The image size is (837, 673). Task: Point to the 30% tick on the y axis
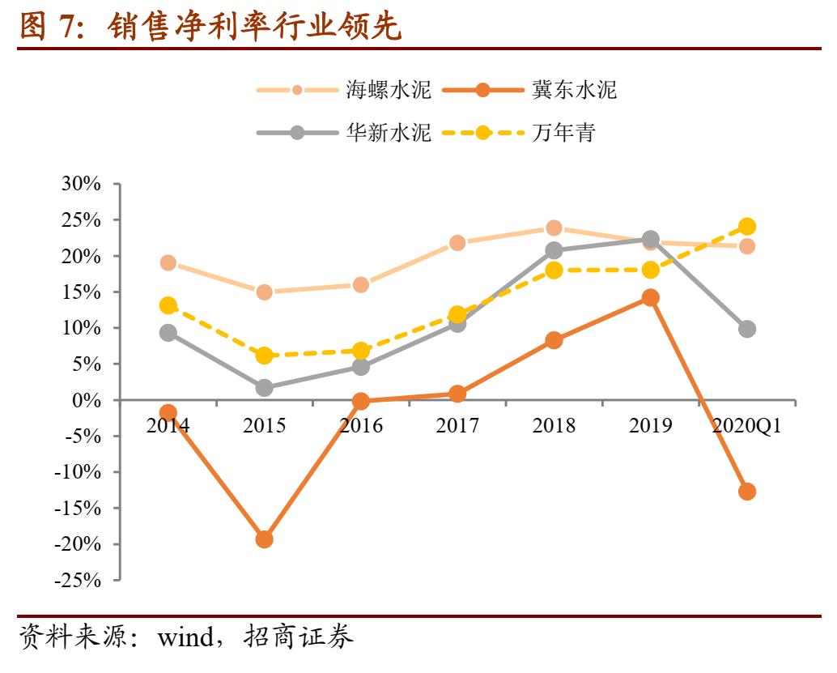click(x=80, y=185)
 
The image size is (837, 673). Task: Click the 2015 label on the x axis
click(x=264, y=425)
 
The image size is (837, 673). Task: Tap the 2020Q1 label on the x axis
click(x=746, y=425)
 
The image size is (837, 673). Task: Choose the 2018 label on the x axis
click(x=554, y=425)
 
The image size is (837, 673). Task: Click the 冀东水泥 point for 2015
click(x=264, y=539)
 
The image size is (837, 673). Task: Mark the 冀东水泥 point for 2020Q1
click(x=746, y=492)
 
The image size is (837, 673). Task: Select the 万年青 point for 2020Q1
click(x=746, y=227)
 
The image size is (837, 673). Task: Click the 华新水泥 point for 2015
click(x=264, y=389)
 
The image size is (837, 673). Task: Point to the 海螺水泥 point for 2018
click(x=554, y=228)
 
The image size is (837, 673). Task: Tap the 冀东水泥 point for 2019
click(x=650, y=298)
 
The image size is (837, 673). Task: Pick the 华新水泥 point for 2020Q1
click(x=746, y=329)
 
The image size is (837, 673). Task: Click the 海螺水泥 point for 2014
click(x=168, y=263)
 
